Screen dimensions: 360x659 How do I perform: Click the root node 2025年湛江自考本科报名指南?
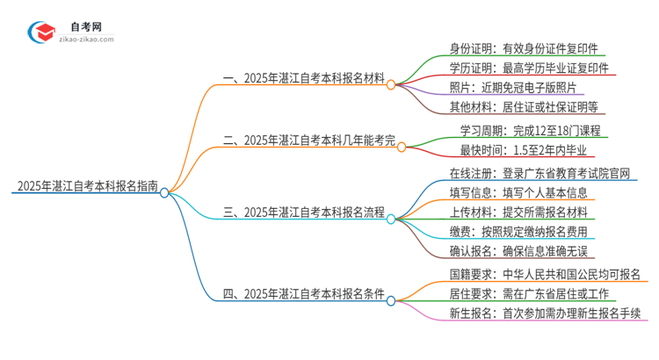86,186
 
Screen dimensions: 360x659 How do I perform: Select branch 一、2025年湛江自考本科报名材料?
303,78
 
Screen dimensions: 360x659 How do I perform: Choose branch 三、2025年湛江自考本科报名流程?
303,212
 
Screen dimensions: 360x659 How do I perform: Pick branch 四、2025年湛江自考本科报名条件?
303,294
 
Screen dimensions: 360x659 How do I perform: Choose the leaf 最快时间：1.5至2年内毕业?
525,150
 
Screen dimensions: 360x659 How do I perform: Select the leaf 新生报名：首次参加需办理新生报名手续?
545,313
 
